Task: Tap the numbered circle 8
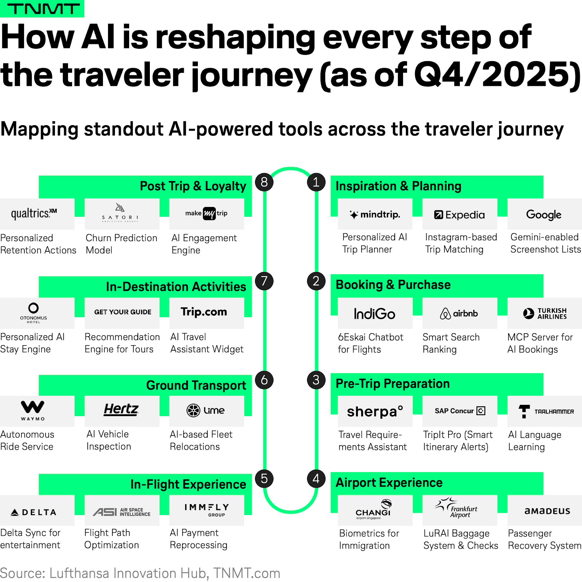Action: click(x=264, y=182)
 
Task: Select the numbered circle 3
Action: click(x=316, y=380)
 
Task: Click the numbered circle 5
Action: click(x=264, y=479)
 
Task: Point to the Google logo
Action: click(x=544, y=215)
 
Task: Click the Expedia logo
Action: click(x=459, y=215)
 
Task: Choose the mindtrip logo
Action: click(x=375, y=215)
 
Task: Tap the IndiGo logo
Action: click(x=375, y=314)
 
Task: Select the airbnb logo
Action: click(x=459, y=314)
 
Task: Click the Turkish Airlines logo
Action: click(x=545, y=314)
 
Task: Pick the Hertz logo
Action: click(x=121, y=410)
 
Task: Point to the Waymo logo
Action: click(x=33, y=410)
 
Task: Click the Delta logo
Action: click(x=33, y=513)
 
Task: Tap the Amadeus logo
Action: click(x=547, y=511)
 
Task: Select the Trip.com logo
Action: click(x=204, y=312)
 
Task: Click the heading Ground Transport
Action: click(x=196, y=385)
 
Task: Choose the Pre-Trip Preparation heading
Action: click(x=392, y=384)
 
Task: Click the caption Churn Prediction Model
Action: click(x=121, y=244)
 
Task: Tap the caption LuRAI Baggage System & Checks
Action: click(x=461, y=539)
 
